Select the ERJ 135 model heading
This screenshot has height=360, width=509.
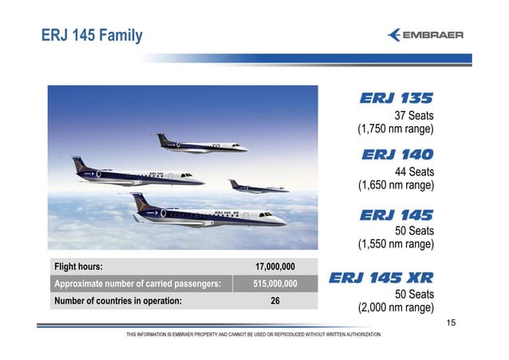click(x=396, y=99)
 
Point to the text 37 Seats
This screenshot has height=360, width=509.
click(x=414, y=116)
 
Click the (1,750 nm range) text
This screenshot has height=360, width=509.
click(x=395, y=129)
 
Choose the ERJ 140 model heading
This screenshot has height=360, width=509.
click(x=397, y=154)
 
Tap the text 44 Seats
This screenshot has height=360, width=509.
click(x=414, y=172)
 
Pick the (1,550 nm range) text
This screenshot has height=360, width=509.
click(x=395, y=243)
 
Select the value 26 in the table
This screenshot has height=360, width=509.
click(x=275, y=301)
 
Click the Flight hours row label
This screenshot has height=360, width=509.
click(x=78, y=267)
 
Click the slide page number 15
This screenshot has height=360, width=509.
click(x=452, y=322)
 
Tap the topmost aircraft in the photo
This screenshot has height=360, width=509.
click(x=202, y=144)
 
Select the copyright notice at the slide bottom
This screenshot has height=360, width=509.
click(x=254, y=334)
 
